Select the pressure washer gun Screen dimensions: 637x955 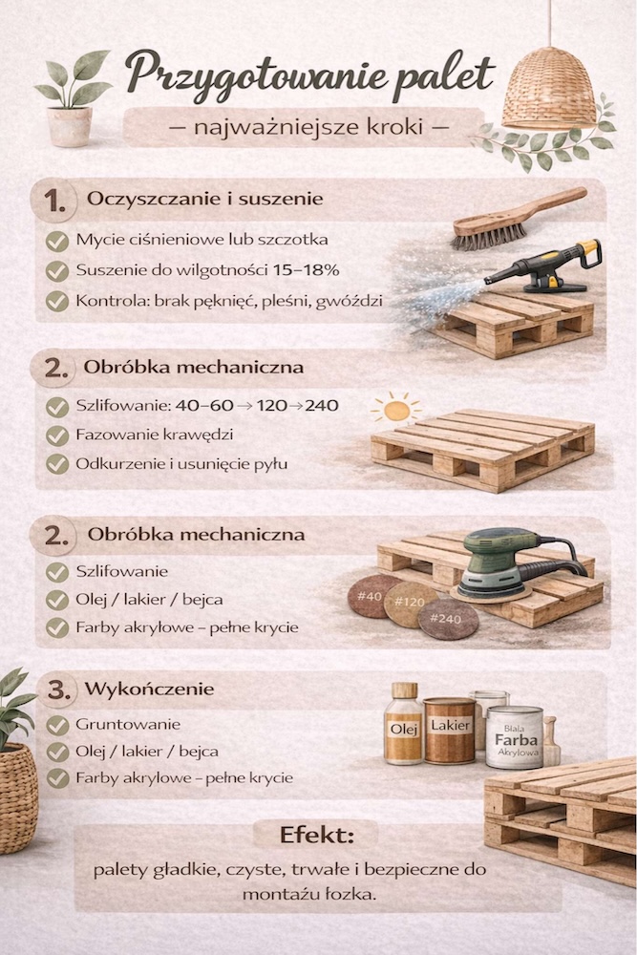coord(543,267)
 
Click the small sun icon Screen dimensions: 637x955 coord(395,409)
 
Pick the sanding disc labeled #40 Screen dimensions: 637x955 coord(372,597)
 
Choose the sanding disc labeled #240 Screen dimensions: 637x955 coord(448,619)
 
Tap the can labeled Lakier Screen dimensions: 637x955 coord(450,731)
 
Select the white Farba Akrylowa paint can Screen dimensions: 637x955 coord(515,737)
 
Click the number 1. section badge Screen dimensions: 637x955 coord(54,201)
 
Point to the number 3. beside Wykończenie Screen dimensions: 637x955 coord(59,690)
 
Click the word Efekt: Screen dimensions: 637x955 coord(317,835)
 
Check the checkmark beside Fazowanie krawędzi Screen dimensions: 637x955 coord(57,435)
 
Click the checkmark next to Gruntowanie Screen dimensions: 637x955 coord(57,725)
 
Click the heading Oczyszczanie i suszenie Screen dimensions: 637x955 coord(204,199)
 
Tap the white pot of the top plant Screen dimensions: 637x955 coord(70,126)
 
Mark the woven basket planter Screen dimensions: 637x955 coord(17,797)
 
